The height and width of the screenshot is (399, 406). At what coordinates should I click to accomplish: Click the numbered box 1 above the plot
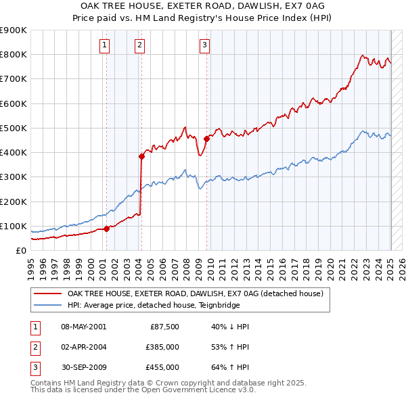pyautogui.click(x=106, y=45)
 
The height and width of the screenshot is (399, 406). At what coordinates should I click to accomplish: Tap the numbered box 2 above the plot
pyautogui.click(x=139, y=45)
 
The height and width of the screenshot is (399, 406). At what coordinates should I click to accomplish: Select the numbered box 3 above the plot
pyautogui.click(x=204, y=45)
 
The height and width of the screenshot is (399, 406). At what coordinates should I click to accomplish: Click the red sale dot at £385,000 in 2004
pyautogui.click(x=141, y=156)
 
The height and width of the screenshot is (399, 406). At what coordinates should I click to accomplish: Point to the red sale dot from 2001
pyautogui.click(x=106, y=229)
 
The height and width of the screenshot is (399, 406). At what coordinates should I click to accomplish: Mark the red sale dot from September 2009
pyautogui.click(x=206, y=139)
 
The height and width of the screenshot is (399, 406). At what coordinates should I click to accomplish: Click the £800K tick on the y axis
pyautogui.click(x=14, y=55)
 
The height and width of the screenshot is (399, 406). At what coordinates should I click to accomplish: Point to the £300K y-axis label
pyautogui.click(x=14, y=177)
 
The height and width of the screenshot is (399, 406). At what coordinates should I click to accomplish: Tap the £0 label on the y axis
pyautogui.click(x=20, y=250)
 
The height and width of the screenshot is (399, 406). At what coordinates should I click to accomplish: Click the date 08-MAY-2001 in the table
pyautogui.click(x=84, y=327)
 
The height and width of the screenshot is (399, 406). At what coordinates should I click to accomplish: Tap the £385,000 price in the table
pyautogui.click(x=162, y=347)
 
